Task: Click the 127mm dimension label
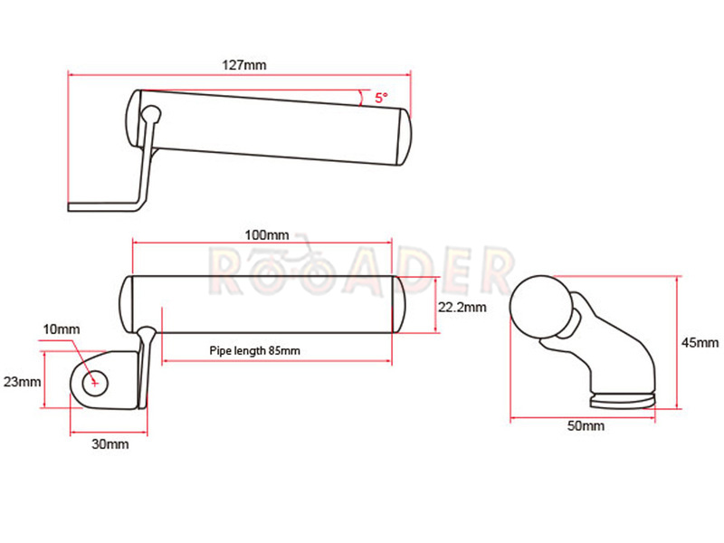pyautogui.click(x=244, y=65)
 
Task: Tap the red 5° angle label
pyautogui.click(x=381, y=98)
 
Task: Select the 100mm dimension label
pyautogui.click(x=266, y=235)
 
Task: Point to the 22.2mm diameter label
pyautogui.click(x=462, y=307)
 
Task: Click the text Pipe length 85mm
pyautogui.click(x=255, y=351)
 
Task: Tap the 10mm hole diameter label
pyautogui.click(x=62, y=329)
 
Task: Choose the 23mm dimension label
pyautogui.click(x=22, y=382)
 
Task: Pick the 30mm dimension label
pyautogui.click(x=110, y=444)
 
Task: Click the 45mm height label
pyautogui.click(x=700, y=343)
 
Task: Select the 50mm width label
pyautogui.click(x=586, y=425)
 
